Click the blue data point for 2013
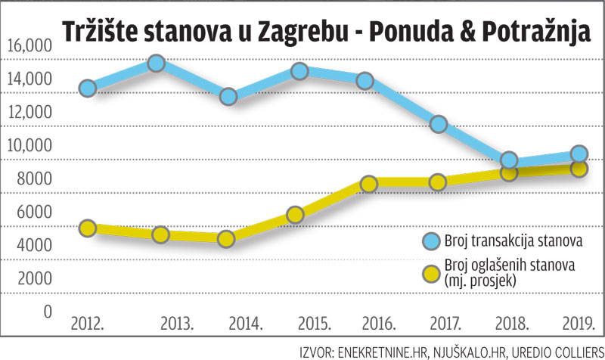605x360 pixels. point(157,64)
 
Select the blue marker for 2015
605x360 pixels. point(299,71)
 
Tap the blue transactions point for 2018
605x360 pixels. point(509,160)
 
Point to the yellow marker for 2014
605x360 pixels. point(227,239)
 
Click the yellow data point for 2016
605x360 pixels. point(368,184)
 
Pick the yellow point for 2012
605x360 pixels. point(88,228)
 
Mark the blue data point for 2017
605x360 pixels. point(438,124)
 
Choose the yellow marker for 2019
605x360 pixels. point(580,168)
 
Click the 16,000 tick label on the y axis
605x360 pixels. point(29,47)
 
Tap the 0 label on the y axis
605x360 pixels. point(48,312)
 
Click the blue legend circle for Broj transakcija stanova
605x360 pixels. point(432,241)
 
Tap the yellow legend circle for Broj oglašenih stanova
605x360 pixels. point(432,272)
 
